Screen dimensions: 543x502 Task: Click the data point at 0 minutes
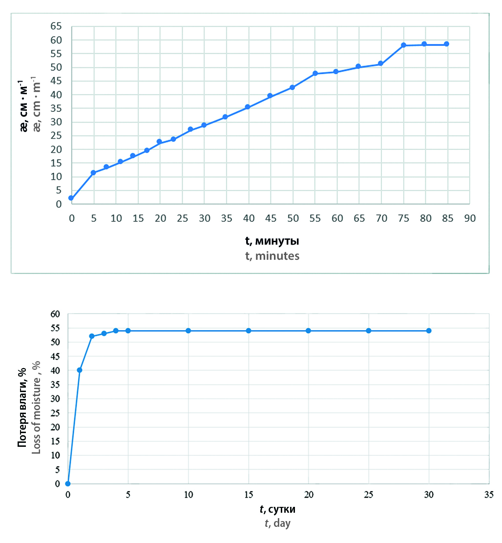point(71,198)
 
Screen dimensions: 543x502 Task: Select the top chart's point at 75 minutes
point(404,45)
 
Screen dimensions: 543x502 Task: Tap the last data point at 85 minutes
point(446,44)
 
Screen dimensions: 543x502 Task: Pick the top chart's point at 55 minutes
point(315,73)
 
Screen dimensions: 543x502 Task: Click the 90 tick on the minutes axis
point(469,218)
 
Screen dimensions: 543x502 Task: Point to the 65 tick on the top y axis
point(58,26)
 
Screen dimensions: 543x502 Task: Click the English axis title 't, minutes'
point(272,255)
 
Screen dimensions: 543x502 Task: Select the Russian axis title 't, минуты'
point(272,241)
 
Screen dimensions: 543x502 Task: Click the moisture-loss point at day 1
point(80,370)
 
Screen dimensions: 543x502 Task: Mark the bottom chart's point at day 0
point(68,484)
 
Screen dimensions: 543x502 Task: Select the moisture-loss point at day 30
point(429,331)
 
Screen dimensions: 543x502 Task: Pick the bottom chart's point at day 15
point(249,331)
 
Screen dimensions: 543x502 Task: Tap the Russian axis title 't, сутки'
point(278,510)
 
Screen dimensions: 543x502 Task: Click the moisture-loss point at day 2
point(92,336)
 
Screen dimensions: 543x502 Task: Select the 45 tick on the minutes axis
point(270,218)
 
